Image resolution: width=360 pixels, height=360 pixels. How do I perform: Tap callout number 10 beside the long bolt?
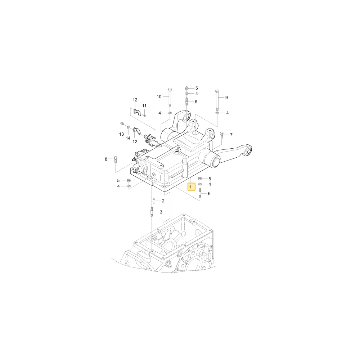[159, 97]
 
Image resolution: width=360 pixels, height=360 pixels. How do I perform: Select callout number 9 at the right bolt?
[226, 98]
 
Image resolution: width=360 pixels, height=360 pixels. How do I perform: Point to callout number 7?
[231, 135]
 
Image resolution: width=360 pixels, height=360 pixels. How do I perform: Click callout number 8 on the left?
[106, 159]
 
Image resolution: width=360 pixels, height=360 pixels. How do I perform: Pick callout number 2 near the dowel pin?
[163, 201]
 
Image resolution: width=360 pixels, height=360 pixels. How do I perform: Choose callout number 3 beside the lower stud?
[161, 212]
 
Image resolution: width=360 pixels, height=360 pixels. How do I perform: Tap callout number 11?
[144, 106]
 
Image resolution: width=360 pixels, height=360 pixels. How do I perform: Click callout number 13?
[121, 134]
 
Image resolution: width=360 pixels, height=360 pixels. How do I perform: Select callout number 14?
[128, 138]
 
